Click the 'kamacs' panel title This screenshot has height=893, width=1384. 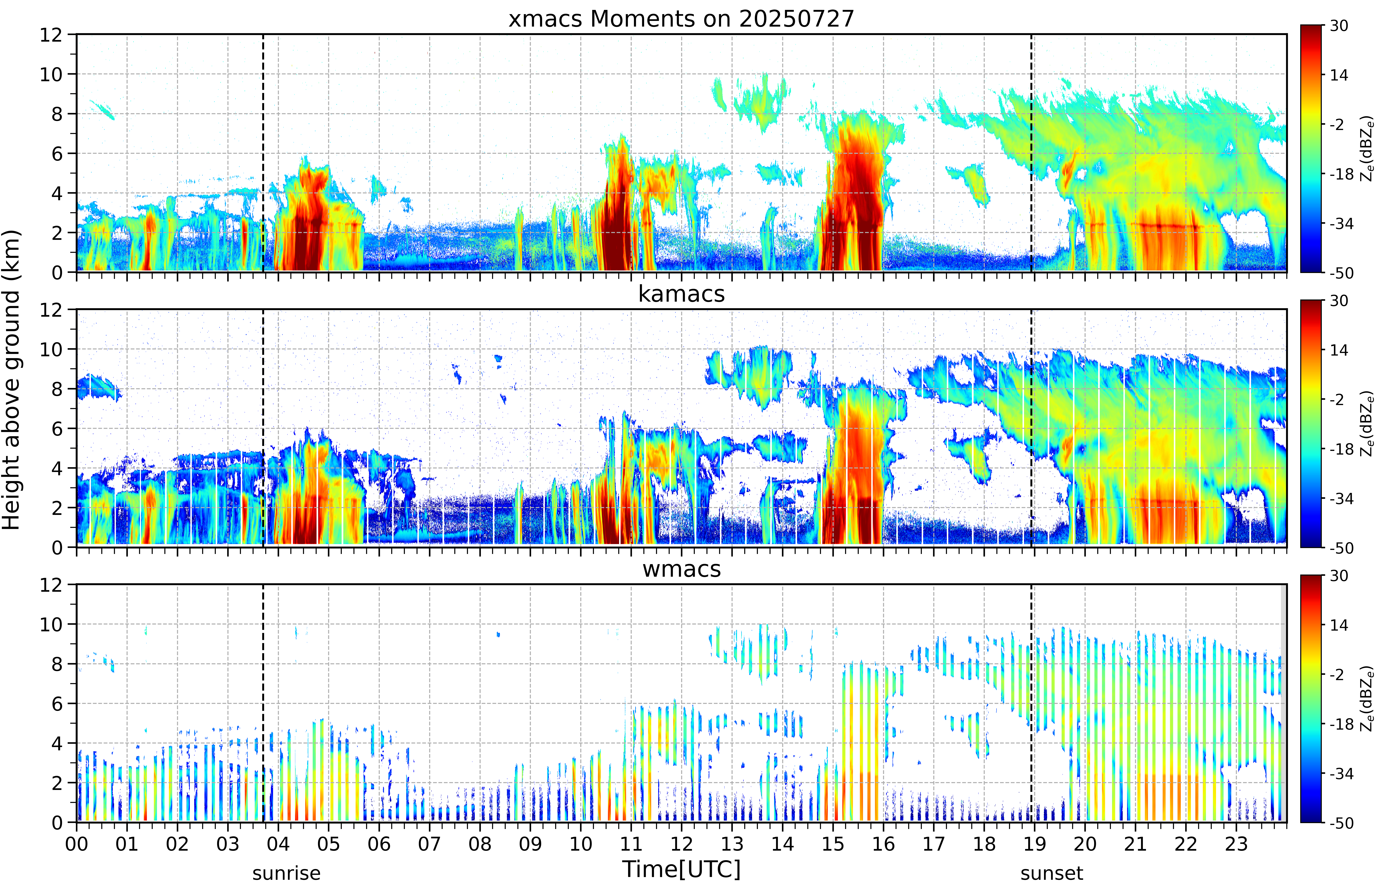[681, 294]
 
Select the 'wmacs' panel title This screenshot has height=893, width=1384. [681, 569]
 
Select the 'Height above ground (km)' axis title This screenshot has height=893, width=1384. [12, 380]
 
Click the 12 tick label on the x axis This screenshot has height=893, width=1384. [682, 844]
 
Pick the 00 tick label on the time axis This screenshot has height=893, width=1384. [76, 844]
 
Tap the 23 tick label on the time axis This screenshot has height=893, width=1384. [1236, 844]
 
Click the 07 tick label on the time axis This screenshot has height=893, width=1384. [430, 844]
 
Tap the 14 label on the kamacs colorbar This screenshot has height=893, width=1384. [1339, 350]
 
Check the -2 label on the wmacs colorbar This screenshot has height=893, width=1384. [1339, 675]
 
